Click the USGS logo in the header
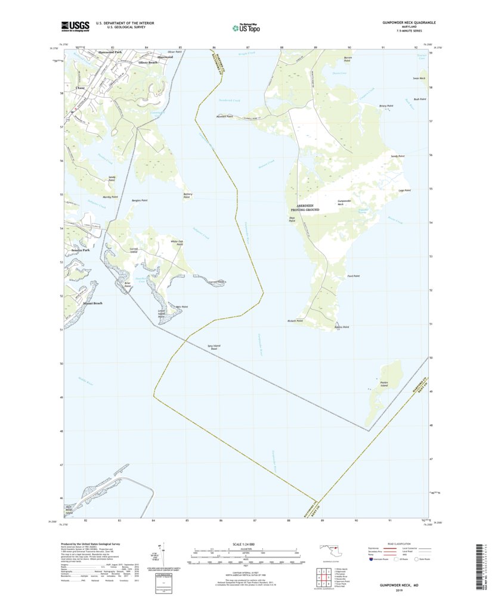click(75, 26)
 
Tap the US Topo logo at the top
click(246, 26)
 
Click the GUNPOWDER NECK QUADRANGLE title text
click(409, 22)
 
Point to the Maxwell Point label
click(224, 117)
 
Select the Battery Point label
click(187, 195)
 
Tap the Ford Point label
click(353, 276)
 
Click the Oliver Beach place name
click(148, 63)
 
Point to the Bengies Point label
click(140, 201)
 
